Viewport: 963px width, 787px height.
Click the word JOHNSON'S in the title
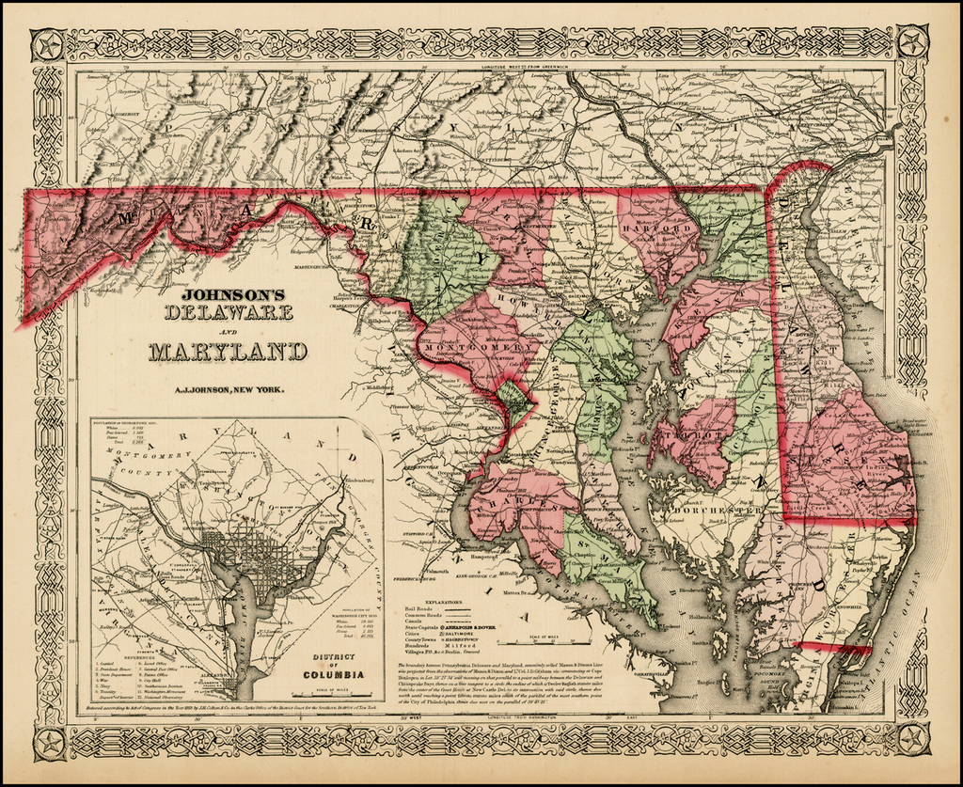pos(228,292)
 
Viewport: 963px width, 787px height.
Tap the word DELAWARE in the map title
pos(228,315)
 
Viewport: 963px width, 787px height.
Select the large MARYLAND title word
pos(228,352)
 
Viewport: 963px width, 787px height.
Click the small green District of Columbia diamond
pos(513,395)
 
